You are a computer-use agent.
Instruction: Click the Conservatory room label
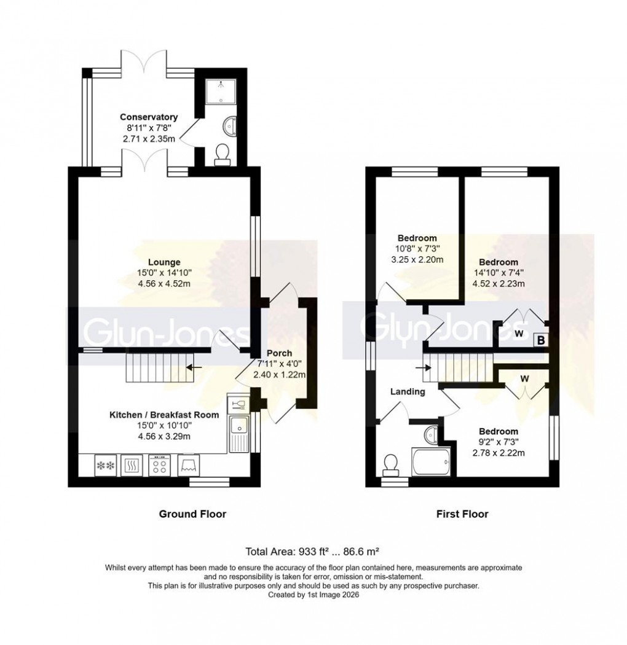tap(149, 117)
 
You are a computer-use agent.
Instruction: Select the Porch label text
tap(279, 353)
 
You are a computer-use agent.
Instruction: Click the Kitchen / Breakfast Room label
tap(164, 415)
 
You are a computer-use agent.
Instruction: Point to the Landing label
tap(408, 391)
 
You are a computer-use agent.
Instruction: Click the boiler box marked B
tap(541, 339)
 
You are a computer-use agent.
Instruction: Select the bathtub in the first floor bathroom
tap(430, 459)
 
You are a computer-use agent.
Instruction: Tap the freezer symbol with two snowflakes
tap(103, 465)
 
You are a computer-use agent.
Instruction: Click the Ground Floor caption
tap(192, 514)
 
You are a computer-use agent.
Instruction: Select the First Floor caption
tap(462, 514)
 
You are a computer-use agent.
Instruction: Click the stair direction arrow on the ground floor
tap(192, 368)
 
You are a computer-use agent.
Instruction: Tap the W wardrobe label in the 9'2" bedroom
tap(524, 378)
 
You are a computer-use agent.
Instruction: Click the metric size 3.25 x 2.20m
tap(417, 259)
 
